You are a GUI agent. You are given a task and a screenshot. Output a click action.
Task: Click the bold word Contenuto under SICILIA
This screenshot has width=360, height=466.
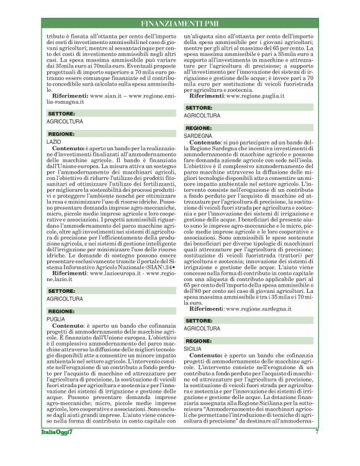pyautogui.click(x=205, y=359)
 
